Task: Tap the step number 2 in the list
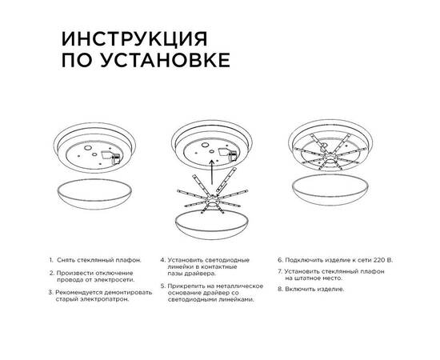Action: pyautogui.click(x=51, y=274)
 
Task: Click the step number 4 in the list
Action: pyautogui.click(x=162, y=261)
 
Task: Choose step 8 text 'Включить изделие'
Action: pyautogui.click(x=317, y=290)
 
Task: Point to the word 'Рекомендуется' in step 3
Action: pyautogui.click(x=81, y=293)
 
